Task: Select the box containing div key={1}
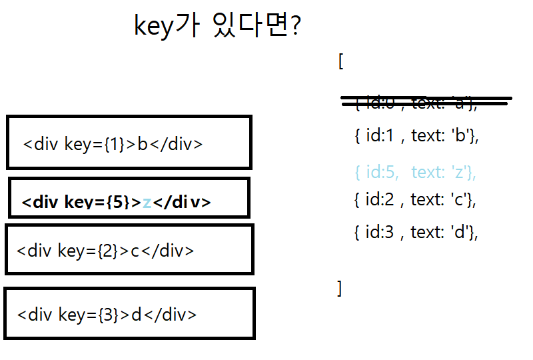tap(129, 142)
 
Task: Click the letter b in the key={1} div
tap(142, 144)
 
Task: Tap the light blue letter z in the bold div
tap(147, 203)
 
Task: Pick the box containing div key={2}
tap(129, 249)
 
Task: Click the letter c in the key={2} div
tap(135, 251)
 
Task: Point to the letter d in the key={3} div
tap(137, 315)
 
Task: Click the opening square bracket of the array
tap(340, 61)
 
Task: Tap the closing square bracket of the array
tap(339, 288)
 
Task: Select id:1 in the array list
tap(380, 136)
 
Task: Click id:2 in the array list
tap(380, 199)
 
